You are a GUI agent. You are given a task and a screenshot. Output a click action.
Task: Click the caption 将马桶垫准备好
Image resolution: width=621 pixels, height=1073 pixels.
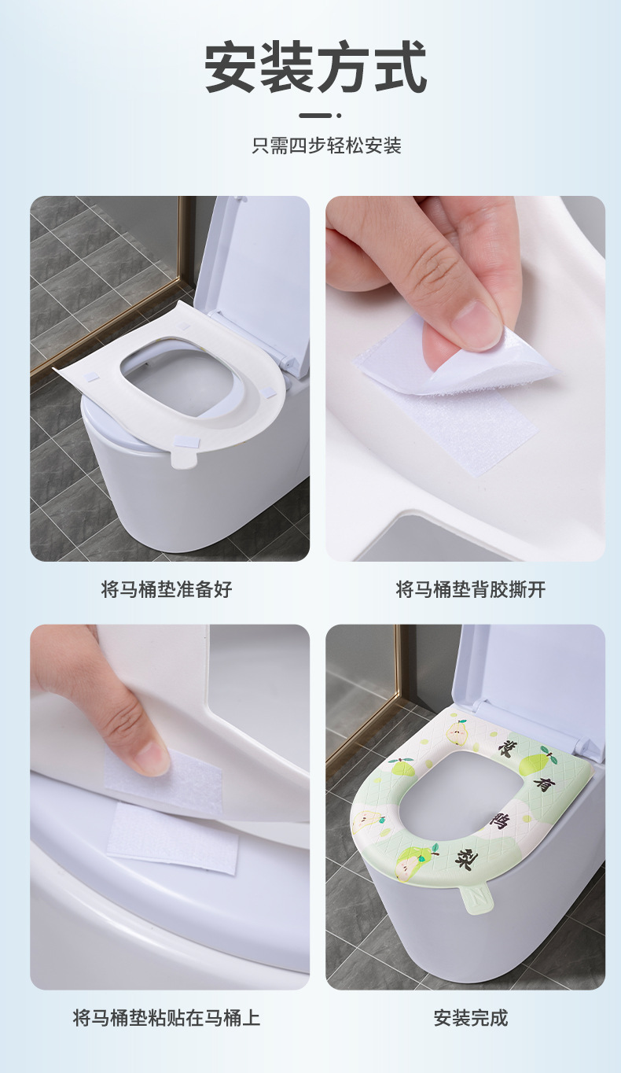[167, 589]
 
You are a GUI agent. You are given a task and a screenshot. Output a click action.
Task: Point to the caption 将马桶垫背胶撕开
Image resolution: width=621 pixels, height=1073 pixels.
[470, 589]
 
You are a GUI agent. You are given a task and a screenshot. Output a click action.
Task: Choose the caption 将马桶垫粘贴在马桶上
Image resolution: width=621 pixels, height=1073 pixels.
[167, 1017]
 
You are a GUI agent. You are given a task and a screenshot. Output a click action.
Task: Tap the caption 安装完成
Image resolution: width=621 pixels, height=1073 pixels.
[470, 1017]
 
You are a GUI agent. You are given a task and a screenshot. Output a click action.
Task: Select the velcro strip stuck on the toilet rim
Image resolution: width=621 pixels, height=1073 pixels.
[172, 837]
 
